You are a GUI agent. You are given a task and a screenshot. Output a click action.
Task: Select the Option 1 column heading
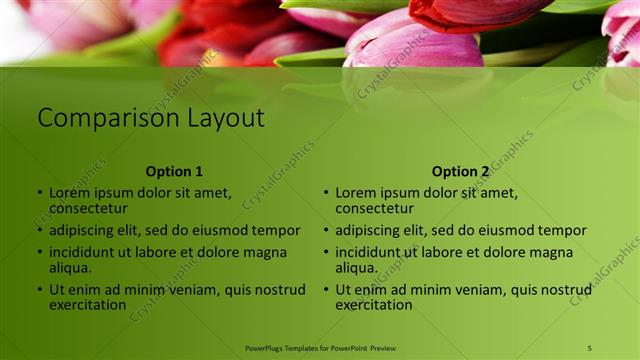pos(174,171)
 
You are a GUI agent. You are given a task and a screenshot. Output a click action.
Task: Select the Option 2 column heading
pos(461,171)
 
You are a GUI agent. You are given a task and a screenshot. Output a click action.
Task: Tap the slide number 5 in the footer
pos(590,348)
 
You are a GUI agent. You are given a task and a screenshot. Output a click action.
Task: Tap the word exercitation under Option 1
pos(88,304)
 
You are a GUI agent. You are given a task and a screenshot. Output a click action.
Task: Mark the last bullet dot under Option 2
pos(326,290)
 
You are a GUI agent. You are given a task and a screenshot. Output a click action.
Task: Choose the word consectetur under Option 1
pos(88,208)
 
